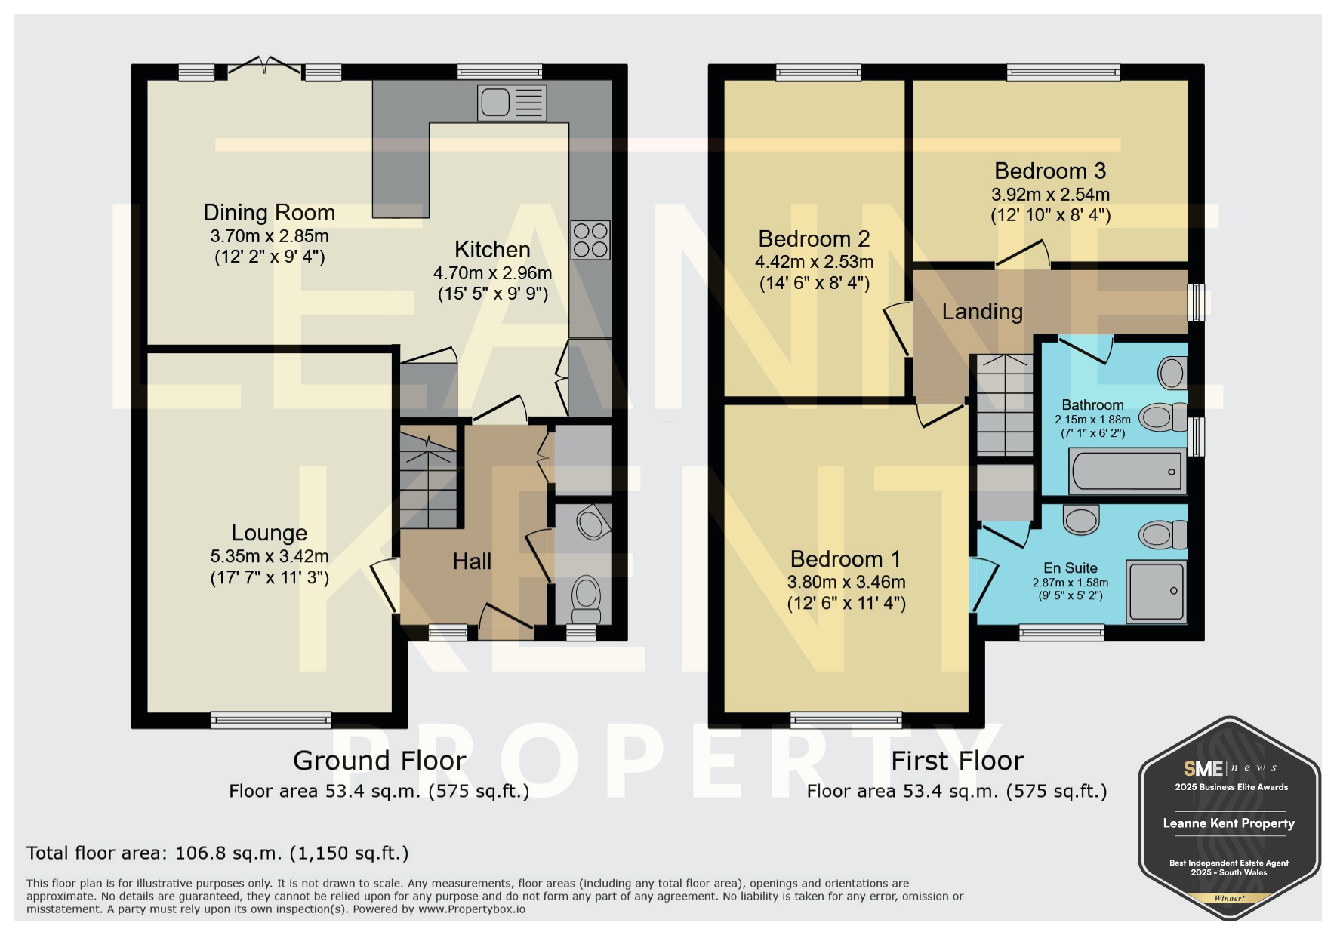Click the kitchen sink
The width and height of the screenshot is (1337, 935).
pyautogui.click(x=512, y=103)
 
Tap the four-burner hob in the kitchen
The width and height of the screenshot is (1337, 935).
pyautogui.click(x=590, y=239)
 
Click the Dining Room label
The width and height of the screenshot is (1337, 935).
pyautogui.click(x=270, y=213)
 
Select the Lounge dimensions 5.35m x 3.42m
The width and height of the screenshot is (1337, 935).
pyautogui.click(x=270, y=556)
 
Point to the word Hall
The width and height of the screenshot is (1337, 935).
pyautogui.click(x=472, y=561)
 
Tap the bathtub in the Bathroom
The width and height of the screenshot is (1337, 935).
pyautogui.click(x=1127, y=471)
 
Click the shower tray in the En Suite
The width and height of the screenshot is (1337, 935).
pyautogui.click(x=1155, y=591)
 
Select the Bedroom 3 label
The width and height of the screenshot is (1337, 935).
pyautogui.click(x=1050, y=171)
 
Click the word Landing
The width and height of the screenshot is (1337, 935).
pyautogui.click(x=982, y=312)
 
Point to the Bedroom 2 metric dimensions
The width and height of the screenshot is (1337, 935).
pyautogui.click(x=815, y=262)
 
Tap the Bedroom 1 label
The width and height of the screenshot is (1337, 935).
pyautogui.click(x=846, y=559)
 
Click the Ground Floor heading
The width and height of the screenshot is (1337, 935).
pyautogui.click(x=380, y=761)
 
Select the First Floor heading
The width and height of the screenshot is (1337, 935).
pyautogui.click(x=957, y=761)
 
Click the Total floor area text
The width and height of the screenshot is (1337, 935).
pyautogui.click(x=217, y=853)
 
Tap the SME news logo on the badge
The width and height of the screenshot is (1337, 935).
pyautogui.click(x=1230, y=768)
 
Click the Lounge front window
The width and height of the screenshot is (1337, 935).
pyautogui.click(x=271, y=720)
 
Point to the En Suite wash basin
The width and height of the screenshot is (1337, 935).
pyautogui.click(x=1081, y=519)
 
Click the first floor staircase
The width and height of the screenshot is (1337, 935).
pyautogui.click(x=1005, y=404)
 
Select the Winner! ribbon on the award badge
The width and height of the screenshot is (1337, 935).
pyautogui.click(x=1230, y=898)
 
